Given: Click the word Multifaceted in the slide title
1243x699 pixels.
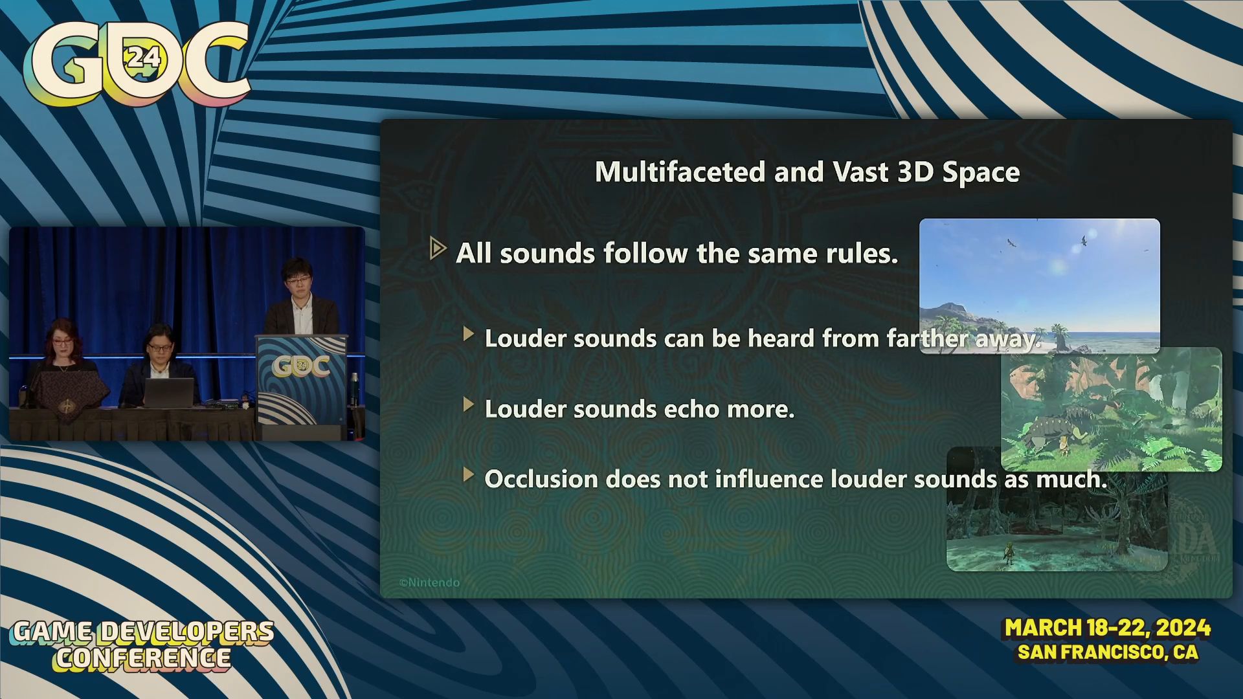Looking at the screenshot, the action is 680,172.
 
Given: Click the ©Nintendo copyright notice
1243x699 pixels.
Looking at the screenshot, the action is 429,582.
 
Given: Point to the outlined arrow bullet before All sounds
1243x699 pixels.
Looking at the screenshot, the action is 438,249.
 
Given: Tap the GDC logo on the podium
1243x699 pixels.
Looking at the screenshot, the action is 301,367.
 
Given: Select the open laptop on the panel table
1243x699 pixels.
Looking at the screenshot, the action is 169,393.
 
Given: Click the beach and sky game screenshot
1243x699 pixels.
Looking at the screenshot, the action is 1039,285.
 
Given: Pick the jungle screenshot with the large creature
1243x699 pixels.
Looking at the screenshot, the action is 1112,410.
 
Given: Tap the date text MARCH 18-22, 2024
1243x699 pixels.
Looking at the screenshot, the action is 1108,628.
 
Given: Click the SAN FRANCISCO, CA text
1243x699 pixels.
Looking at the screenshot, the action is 1108,652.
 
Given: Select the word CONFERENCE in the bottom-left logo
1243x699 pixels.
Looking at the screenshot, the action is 143,658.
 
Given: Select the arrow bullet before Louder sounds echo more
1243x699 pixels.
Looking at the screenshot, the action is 469,405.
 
